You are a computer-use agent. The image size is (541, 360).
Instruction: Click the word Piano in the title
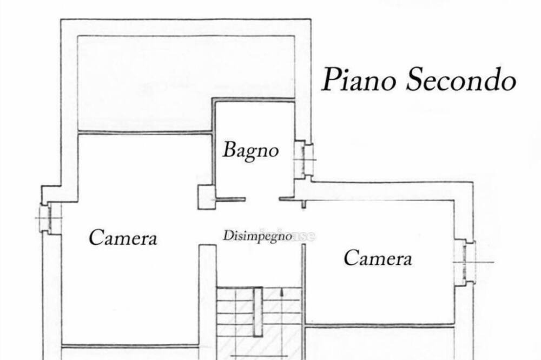pos(359,81)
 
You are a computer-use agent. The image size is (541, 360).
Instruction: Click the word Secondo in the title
pos(461,79)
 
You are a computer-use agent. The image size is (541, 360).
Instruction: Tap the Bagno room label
pos(251,151)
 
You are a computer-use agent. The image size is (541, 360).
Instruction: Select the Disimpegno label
pos(258,236)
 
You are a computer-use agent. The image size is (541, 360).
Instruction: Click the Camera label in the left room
pos(123,238)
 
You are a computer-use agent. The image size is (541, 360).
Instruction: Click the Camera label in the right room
pos(378,258)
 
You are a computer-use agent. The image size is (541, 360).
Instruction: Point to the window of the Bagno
pos(304,159)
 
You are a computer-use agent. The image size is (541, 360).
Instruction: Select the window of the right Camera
pos(465,262)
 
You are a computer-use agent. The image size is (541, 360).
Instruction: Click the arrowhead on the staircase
pos(282,292)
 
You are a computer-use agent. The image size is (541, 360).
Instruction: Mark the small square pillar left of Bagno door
pos(206,197)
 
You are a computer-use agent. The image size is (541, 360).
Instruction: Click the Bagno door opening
pos(262,199)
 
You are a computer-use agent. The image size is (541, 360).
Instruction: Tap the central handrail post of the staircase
pos(258,312)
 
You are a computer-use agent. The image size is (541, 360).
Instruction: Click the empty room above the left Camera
pos(145,83)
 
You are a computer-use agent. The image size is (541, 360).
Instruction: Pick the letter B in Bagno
pos(230,150)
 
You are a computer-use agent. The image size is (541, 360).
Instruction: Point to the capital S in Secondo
pos(415,79)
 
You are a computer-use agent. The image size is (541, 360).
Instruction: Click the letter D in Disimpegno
pos(227,236)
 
